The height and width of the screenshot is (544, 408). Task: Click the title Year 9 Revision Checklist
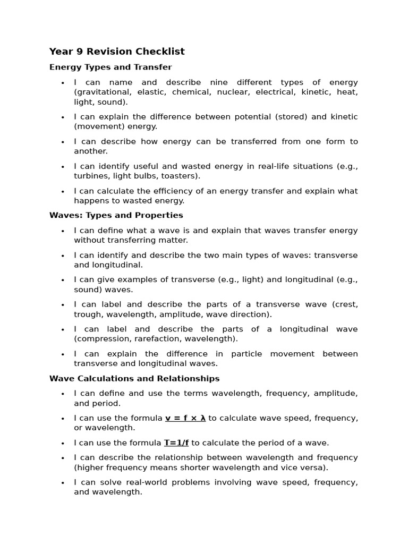click(117, 52)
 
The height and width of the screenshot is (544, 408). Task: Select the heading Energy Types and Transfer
click(110, 67)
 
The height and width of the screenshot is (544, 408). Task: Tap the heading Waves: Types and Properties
click(116, 215)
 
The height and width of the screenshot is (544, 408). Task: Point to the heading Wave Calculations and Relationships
click(134, 379)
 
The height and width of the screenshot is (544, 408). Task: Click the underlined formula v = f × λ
click(185, 418)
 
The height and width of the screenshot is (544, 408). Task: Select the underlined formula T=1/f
click(176, 443)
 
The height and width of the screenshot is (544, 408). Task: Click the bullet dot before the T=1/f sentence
click(63, 443)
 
